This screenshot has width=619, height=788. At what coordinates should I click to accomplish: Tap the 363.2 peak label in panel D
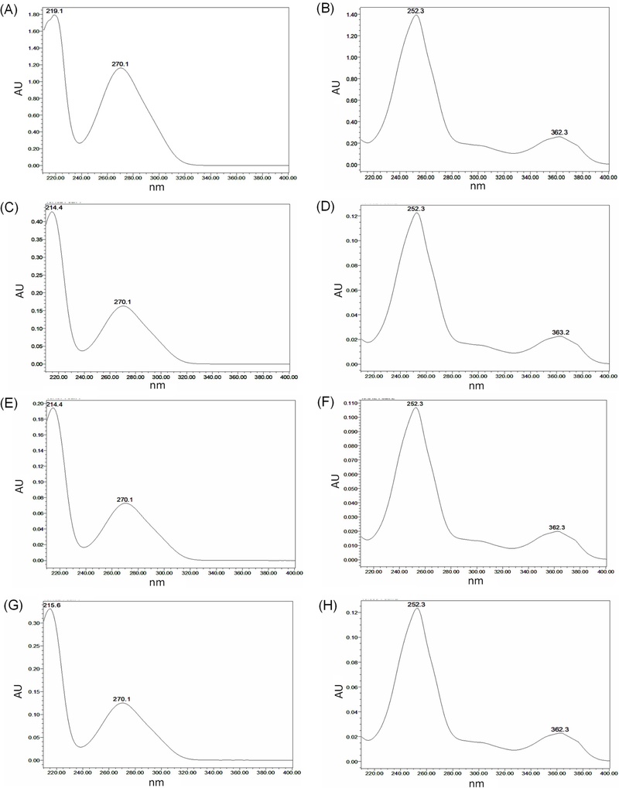click(560, 332)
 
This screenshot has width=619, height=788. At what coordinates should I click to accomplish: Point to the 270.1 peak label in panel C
click(125, 300)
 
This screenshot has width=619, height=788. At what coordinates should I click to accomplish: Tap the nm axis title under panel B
click(477, 186)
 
